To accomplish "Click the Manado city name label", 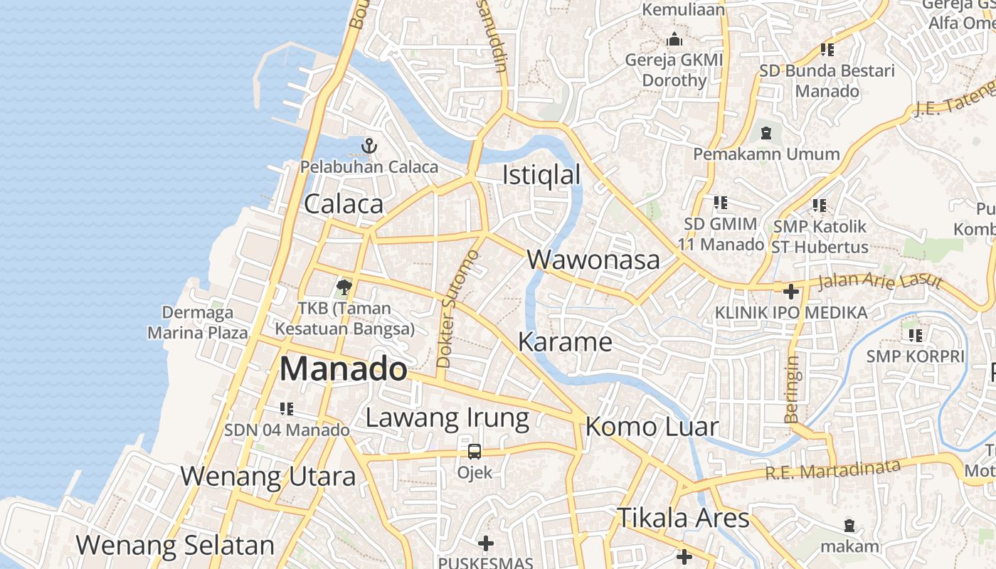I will pos(344,369).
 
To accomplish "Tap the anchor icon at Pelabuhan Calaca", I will pos(369,147).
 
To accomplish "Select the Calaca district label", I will pos(344,204).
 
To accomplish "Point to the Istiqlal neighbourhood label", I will pos(541,175).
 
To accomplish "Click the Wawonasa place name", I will pos(593,260).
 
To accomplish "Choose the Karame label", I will pos(565,342).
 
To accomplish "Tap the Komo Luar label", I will pos(652,427).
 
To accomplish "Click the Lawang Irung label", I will pos(447,418).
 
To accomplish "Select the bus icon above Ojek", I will pos(474,452).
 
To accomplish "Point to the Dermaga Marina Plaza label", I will pos(198,322).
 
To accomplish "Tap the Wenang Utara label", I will pos(267,476).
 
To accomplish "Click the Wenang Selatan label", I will pos(175,546).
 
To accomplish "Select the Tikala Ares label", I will pos(683,518).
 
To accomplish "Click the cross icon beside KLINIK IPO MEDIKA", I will pos(790,292).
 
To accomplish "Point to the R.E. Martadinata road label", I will pos(832,469).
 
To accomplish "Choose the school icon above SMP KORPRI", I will pos(915,335).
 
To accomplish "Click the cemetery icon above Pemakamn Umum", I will pos(766,133).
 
